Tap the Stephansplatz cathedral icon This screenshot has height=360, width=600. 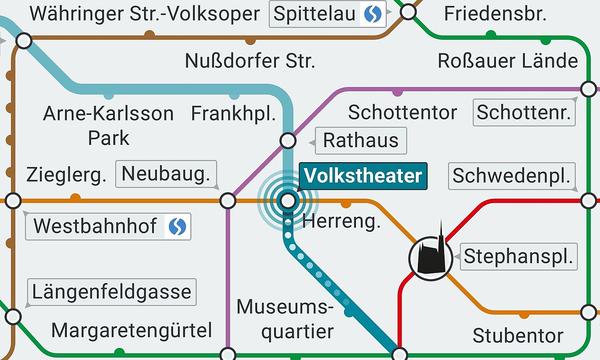coord(430,258)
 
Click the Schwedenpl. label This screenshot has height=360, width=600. coord(515,176)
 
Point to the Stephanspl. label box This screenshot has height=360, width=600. coord(520,256)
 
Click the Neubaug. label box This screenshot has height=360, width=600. coord(167,175)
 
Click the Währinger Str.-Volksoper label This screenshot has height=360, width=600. coord(144,14)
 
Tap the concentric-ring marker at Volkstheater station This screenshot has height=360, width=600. coord(288,200)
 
